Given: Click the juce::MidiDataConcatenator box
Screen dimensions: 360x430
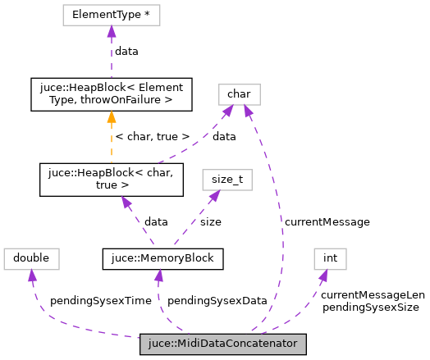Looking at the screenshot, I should point(223,344).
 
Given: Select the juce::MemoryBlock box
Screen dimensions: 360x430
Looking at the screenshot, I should point(158,259).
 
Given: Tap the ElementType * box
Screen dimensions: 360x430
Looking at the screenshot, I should point(110,15).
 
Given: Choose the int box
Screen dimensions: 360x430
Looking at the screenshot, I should point(330,259).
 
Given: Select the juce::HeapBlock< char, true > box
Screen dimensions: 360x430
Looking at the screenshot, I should point(110,180).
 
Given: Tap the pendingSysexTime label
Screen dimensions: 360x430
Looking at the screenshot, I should point(101,301).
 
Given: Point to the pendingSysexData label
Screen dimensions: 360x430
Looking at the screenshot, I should point(217,301).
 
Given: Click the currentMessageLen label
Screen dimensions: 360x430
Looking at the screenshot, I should point(373,294).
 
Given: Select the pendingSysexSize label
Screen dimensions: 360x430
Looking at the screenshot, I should point(371,307).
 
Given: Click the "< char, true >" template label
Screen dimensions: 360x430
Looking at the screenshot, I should point(153,136).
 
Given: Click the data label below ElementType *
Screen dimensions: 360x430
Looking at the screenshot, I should point(126,51).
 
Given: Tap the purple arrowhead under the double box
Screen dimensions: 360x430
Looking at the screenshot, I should point(33,276).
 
